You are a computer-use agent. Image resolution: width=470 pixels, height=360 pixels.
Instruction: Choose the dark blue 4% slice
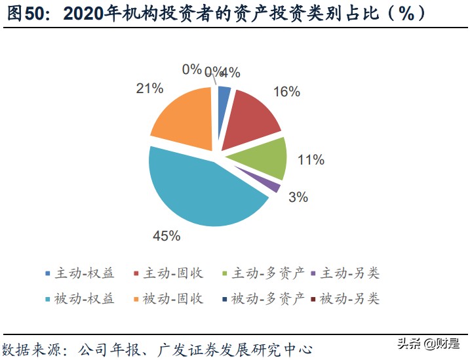(x=224, y=96)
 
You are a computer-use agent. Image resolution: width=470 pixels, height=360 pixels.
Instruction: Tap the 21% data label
(x=149, y=89)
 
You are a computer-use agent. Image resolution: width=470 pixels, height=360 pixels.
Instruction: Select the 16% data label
(x=286, y=92)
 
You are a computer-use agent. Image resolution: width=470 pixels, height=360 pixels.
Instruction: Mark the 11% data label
(x=311, y=160)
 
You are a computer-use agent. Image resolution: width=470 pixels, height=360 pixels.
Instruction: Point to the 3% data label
(x=298, y=197)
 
